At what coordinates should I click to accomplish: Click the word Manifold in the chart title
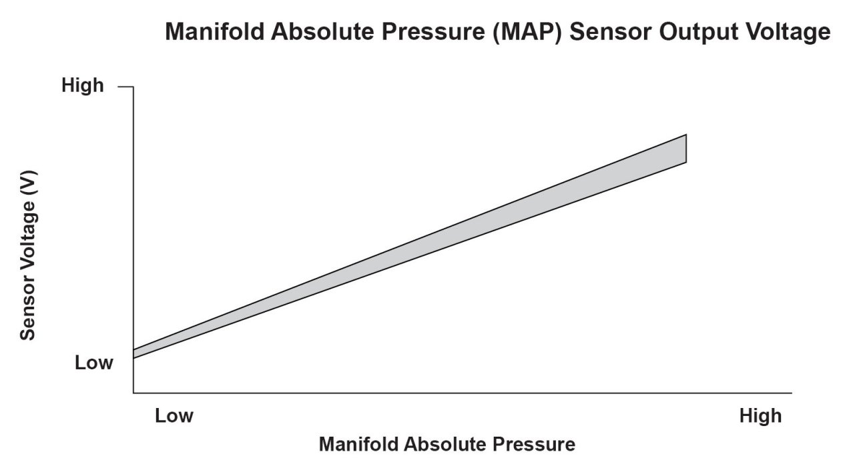click(215, 31)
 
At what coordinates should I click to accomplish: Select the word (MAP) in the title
click(527, 32)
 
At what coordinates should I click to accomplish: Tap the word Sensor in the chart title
click(611, 31)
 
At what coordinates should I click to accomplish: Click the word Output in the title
click(699, 33)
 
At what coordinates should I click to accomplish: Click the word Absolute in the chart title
click(322, 31)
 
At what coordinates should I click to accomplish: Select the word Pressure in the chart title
click(433, 31)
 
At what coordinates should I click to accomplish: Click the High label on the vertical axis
click(83, 85)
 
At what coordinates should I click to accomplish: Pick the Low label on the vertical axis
click(94, 363)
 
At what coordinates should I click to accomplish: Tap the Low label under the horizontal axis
click(174, 416)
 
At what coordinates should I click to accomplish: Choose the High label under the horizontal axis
click(761, 416)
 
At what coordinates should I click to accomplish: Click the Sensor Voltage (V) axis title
click(28, 255)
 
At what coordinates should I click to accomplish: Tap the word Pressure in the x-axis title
click(534, 445)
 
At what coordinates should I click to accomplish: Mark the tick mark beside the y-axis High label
click(125, 87)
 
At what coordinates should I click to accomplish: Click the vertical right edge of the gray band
click(686, 149)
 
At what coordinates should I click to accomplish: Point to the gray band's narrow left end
click(133, 354)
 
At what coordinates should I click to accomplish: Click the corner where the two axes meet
click(133, 393)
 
